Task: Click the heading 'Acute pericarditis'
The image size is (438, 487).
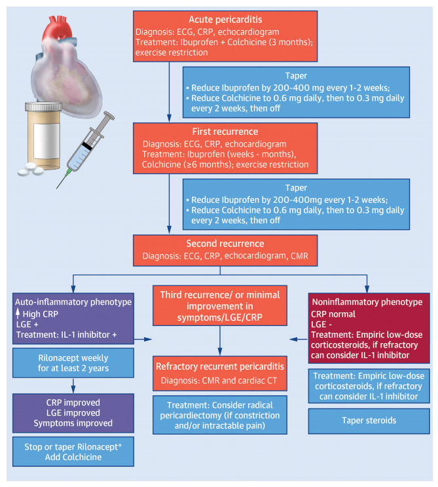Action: [x=225, y=20]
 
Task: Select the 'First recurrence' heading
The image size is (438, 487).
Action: [x=225, y=132]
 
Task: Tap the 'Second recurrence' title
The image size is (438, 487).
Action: [x=225, y=243]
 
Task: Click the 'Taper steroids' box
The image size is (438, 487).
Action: [x=369, y=421]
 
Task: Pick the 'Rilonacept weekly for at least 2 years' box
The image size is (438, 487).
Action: [x=73, y=363]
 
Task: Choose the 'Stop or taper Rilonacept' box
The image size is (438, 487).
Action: [x=73, y=452]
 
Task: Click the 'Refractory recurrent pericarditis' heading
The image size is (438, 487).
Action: [x=220, y=367]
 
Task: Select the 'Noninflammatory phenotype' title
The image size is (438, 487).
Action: [x=367, y=302]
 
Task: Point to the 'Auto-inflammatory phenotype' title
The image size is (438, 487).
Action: [x=73, y=302]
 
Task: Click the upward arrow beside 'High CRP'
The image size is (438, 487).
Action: [x=18, y=314]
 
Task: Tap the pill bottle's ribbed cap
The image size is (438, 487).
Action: [x=43, y=107]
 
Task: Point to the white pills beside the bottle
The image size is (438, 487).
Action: [x=30, y=170]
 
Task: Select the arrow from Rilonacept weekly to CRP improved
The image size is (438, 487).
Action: [x=73, y=386]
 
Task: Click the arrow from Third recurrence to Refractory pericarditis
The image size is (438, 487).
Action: [x=220, y=341]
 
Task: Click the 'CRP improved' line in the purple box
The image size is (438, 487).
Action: [x=73, y=403]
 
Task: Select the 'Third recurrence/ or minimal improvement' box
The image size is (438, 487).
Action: [x=220, y=306]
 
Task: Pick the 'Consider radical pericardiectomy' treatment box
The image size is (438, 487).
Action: [x=220, y=415]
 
